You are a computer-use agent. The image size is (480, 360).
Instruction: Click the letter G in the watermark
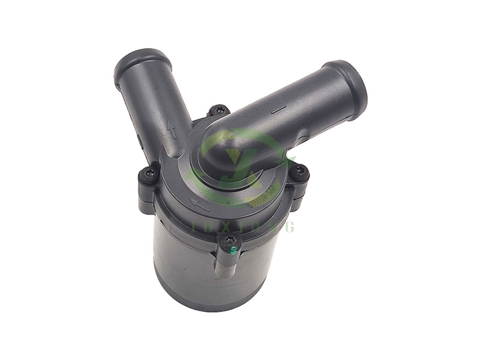point(290,226)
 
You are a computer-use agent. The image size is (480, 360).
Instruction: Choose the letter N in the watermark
point(273,226)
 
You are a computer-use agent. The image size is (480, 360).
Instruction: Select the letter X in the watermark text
point(223,226)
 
